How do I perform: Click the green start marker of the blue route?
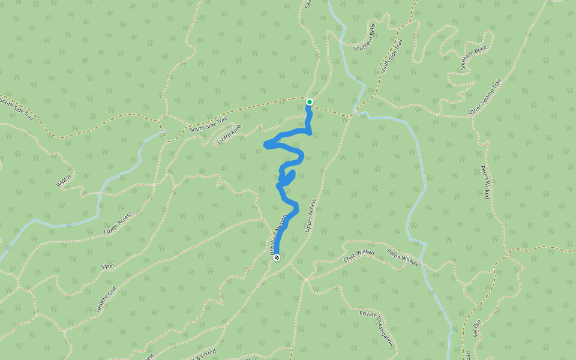coord(310,102)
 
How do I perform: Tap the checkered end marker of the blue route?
coord(277,258)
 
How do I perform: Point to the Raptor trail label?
coord(64,180)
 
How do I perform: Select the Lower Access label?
coord(118,223)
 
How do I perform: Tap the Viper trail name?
coord(108,265)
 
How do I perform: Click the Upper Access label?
coord(310,215)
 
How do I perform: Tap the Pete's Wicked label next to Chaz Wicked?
coord(402,257)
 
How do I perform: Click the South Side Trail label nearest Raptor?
coord(16,110)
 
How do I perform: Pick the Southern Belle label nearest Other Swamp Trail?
coord(474,58)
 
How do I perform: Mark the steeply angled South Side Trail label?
coord(390,56)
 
